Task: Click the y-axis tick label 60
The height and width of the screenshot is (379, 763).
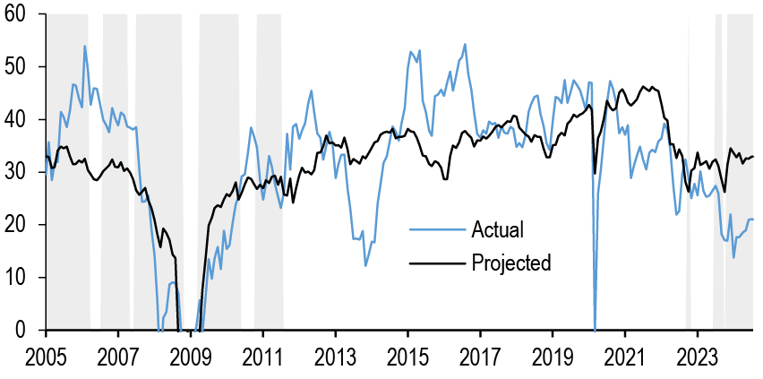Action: [x=20, y=14]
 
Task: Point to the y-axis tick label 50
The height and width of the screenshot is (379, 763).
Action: [x=20, y=67]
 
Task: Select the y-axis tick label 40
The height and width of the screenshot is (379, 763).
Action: [x=20, y=120]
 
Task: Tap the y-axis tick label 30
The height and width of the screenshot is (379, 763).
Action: [x=20, y=172]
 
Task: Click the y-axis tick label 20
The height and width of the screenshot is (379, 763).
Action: [x=20, y=225]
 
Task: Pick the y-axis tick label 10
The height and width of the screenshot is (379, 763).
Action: [x=20, y=278]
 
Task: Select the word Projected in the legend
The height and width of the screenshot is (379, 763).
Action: [x=510, y=263]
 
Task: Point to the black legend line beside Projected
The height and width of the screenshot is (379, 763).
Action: [x=436, y=263]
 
